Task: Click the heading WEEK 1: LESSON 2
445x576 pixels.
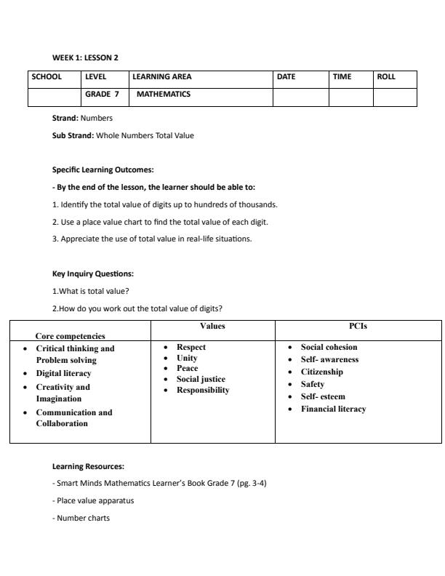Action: click(x=84, y=57)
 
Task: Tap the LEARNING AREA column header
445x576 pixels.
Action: click(x=161, y=76)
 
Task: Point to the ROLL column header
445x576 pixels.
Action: click(x=386, y=76)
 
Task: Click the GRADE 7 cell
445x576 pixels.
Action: click(x=102, y=94)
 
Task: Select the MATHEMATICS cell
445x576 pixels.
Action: click(x=163, y=94)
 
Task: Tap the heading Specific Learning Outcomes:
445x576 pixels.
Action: click(x=103, y=169)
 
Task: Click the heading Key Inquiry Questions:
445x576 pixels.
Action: click(x=93, y=274)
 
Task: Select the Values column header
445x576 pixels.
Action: click(x=212, y=327)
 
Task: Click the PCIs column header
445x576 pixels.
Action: click(x=358, y=327)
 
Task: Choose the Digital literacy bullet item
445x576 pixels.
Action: click(x=64, y=373)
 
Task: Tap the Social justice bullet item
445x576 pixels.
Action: click(x=201, y=379)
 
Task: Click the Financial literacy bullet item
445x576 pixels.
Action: click(x=333, y=409)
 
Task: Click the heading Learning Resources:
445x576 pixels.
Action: click(x=88, y=466)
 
